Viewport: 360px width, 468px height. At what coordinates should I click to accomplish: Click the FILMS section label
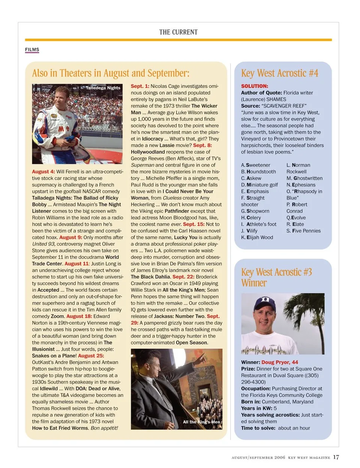coord(32,49)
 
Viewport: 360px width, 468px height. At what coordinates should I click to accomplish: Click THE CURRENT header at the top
coord(178,32)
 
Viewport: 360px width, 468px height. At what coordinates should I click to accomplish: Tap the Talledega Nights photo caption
coord(103,88)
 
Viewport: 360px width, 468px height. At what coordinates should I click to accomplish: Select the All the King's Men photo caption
coord(201,422)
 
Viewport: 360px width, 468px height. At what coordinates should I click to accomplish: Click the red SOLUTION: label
coord(254,86)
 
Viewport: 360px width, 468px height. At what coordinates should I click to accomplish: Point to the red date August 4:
coord(43,172)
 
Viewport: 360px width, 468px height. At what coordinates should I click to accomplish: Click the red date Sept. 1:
coord(140,86)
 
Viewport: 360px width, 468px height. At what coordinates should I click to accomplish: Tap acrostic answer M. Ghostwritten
coord(304,178)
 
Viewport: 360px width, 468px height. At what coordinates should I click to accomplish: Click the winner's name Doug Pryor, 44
coord(279,362)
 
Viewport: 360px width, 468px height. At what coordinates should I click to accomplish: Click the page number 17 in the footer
coord(336,457)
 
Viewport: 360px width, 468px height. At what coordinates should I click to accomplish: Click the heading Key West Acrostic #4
coord(279,73)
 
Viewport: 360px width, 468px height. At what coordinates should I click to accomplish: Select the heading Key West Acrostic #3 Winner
coord(276,277)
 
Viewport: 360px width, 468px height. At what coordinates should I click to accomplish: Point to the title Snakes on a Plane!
coord(54,356)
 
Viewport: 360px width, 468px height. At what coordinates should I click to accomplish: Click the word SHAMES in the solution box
coord(276,99)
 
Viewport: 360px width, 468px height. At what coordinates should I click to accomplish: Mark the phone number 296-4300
coord(253,382)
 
